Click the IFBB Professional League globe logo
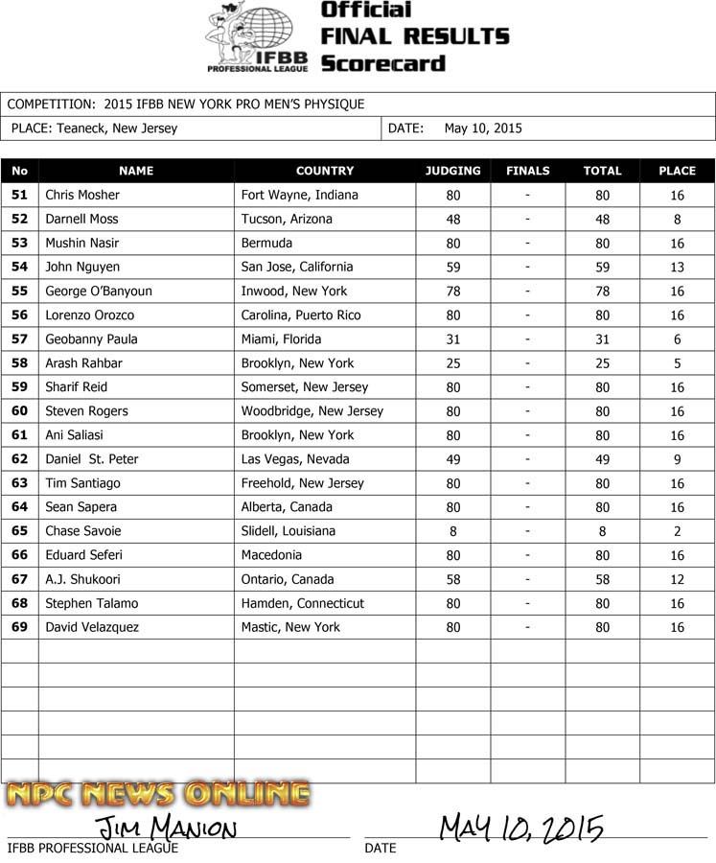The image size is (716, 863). (x=256, y=37)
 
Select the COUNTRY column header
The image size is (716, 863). (x=325, y=171)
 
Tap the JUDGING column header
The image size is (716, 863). (x=453, y=171)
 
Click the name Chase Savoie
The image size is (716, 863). (x=83, y=531)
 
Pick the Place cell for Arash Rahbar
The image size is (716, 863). (x=677, y=363)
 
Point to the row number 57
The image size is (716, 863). (x=19, y=339)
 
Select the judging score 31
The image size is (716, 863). (x=453, y=339)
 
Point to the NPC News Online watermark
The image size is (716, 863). (x=158, y=795)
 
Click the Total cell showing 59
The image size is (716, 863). (x=602, y=268)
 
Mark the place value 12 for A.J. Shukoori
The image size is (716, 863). (x=677, y=579)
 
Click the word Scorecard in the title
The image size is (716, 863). (x=383, y=64)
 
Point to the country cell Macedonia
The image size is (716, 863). (x=271, y=555)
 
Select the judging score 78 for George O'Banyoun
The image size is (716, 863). (x=453, y=292)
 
